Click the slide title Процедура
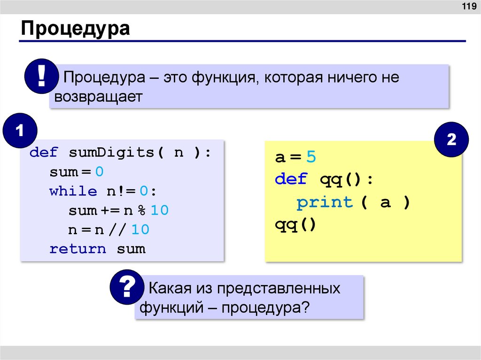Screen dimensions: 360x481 coord(75,29)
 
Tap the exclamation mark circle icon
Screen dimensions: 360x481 coord(42,76)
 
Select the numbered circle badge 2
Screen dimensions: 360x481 coord(451,140)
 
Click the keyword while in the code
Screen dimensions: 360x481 coord(73,191)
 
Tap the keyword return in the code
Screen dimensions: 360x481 coord(78,249)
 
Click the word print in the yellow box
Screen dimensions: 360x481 coord(325,203)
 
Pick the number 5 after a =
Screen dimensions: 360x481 coord(311,157)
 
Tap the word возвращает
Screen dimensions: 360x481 coord(98,97)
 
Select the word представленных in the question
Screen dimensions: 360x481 coord(278,288)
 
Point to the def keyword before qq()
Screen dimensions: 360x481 coord(291,179)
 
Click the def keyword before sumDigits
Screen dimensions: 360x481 coord(44,153)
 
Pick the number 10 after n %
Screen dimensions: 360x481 coord(159,211)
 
